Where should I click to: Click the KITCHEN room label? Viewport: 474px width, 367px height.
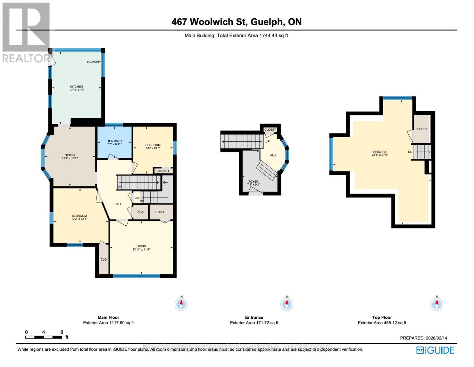pos(76,87)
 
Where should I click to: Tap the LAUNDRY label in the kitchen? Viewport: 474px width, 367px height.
pos(94,62)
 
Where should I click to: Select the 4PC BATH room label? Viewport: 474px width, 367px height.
pos(114,141)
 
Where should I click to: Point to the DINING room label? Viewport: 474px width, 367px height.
pos(70,155)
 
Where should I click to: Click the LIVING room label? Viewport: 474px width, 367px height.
pos(141,246)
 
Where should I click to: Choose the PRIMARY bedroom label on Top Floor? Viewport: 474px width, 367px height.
pos(380,152)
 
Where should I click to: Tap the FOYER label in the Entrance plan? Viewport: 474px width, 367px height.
pos(253,182)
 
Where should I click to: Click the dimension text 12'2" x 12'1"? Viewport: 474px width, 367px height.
pos(79,219)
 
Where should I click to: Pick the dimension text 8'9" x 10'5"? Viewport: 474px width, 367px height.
pos(153,148)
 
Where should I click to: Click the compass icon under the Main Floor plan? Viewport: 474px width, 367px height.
pos(181,304)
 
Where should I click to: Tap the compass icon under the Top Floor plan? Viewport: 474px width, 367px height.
pos(437,304)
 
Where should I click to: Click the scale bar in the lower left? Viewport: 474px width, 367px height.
pos(44,337)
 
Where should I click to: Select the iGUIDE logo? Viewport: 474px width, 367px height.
pos(435,350)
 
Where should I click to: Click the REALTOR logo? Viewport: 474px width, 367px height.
pos(26,32)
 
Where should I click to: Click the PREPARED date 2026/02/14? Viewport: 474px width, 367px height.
pos(436,338)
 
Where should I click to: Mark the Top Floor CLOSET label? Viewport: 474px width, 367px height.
pos(421,129)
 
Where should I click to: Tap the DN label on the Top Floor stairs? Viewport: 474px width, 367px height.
pos(410,152)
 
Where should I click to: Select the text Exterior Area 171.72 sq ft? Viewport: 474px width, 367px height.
pos(254,323)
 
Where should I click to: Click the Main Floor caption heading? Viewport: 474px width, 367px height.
pos(108,317)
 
